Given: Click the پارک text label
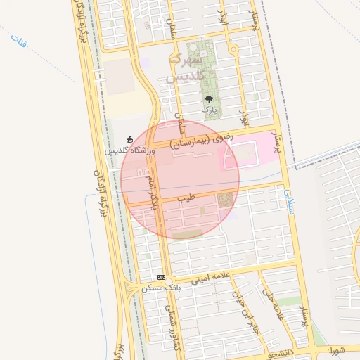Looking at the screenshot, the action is pos(209,110).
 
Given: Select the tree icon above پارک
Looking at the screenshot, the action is pos(209,99).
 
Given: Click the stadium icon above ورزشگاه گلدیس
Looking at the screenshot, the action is pos(129,139).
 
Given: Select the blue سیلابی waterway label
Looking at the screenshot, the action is pos(289,199).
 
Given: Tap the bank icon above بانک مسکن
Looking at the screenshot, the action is pos(161,277).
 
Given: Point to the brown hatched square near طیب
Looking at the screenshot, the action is pos(225,200).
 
